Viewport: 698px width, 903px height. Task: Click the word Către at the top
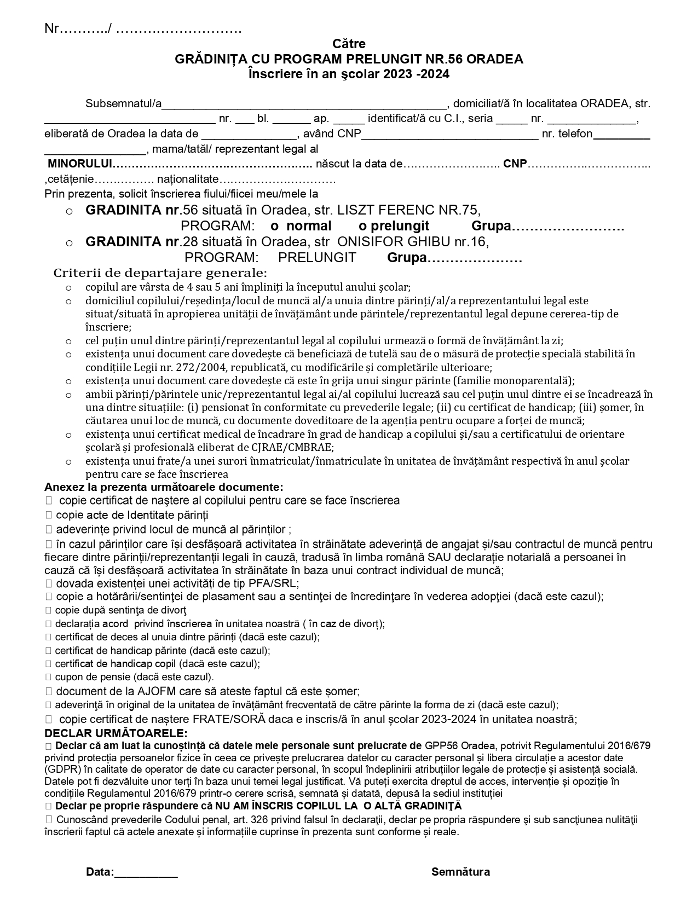point(349,44)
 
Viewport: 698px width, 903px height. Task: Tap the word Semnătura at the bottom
point(460,872)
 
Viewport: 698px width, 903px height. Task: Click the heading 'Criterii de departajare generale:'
point(160,273)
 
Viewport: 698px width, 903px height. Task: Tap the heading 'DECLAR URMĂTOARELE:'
point(116,733)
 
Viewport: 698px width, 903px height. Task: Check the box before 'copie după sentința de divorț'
point(48,610)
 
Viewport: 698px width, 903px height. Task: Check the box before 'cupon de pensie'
point(48,677)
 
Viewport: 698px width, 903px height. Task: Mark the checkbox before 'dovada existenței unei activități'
point(49,583)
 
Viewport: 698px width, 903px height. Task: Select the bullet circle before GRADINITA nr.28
point(69,242)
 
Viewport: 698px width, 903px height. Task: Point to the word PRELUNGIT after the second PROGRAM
point(317,258)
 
